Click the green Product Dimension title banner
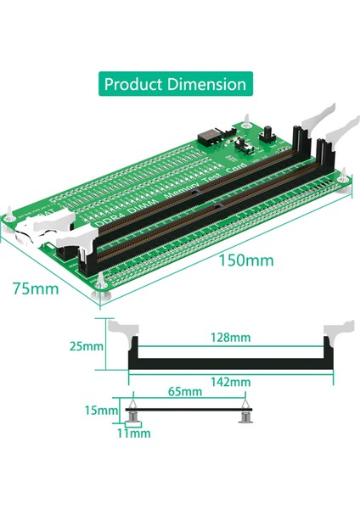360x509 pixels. click(x=175, y=84)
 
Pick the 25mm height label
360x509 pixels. click(x=87, y=346)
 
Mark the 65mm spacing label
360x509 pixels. click(x=185, y=392)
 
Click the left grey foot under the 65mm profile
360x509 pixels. click(x=134, y=417)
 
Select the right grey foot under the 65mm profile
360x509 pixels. click(x=245, y=417)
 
